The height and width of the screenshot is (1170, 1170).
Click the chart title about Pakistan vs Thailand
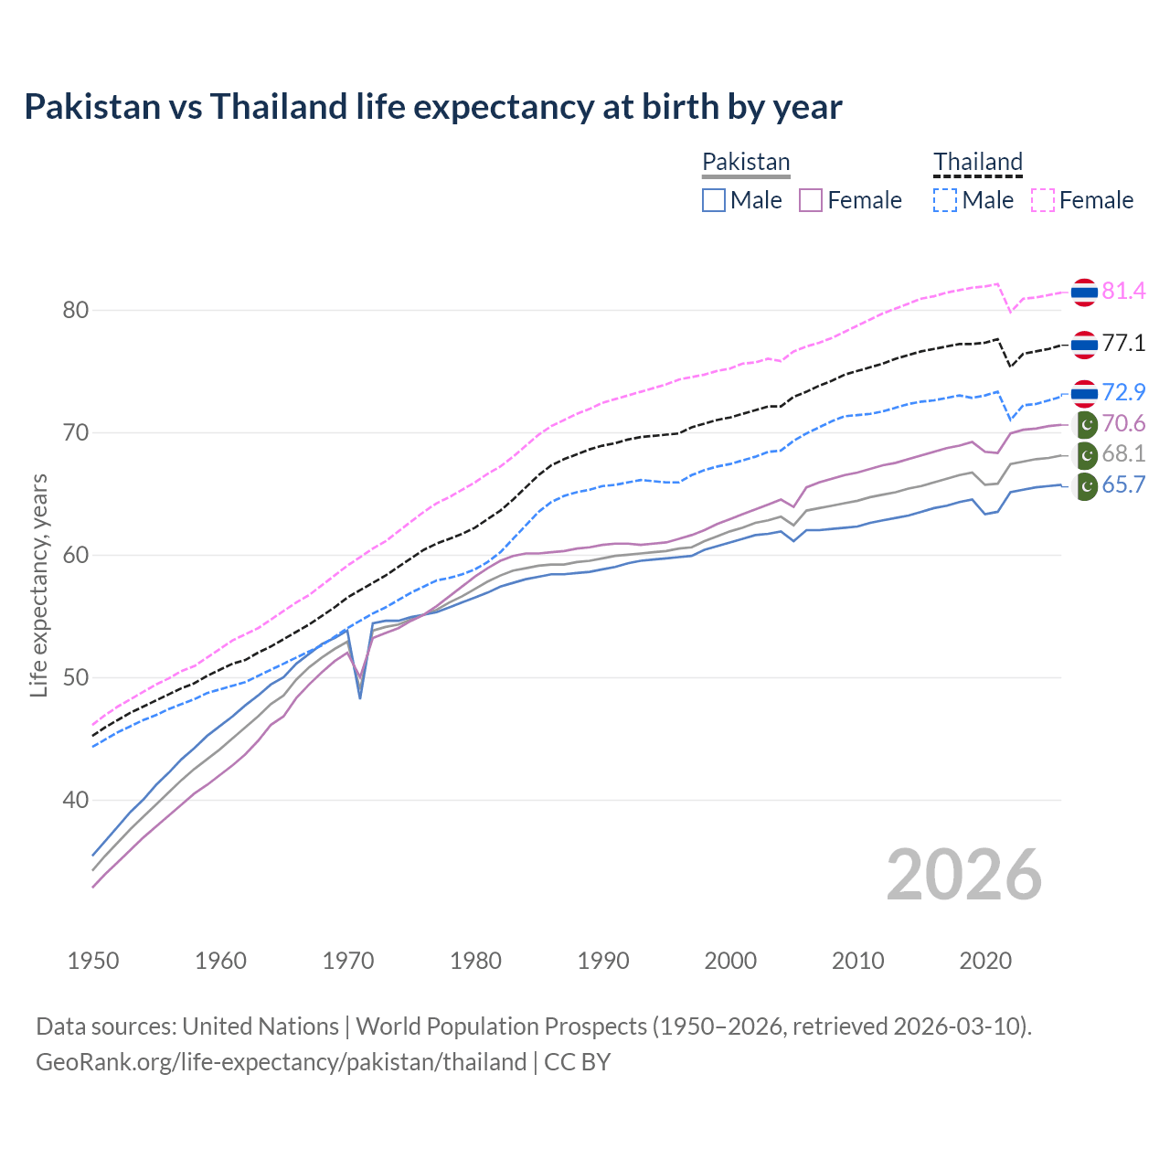tap(432, 107)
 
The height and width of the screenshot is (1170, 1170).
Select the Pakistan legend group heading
tap(746, 162)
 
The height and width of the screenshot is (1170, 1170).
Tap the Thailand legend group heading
tap(977, 162)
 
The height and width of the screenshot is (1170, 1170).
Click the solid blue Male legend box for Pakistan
tap(714, 200)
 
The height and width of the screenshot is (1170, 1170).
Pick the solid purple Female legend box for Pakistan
tap(811, 200)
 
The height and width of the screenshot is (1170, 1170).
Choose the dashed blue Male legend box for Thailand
tap(945, 200)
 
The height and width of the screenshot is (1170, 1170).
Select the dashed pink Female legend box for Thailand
tap(1043, 200)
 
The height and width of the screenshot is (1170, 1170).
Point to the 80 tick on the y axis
tap(76, 310)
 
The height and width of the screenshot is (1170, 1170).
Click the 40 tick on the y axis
tap(76, 800)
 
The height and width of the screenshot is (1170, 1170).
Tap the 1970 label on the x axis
tap(348, 961)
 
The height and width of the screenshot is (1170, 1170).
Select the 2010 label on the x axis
tap(857, 961)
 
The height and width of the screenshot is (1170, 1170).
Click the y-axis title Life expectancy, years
tap(38, 585)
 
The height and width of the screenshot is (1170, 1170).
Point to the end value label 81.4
tap(1123, 291)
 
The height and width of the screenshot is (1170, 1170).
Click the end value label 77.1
tap(1123, 343)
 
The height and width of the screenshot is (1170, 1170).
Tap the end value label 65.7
tap(1123, 484)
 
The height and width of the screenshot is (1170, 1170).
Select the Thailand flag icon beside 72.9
tap(1084, 393)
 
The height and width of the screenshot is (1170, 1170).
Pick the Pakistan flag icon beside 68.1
tap(1085, 454)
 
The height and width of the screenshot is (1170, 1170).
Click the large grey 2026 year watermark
tap(963, 875)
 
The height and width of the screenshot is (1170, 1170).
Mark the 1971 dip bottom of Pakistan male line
tap(360, 697)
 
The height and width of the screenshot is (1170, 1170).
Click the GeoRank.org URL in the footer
tap(281, 1061)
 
